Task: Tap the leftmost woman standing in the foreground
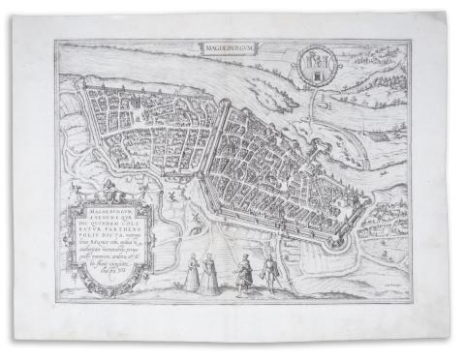click(x=191, y=274)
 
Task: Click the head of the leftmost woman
click(x=191, y=258)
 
